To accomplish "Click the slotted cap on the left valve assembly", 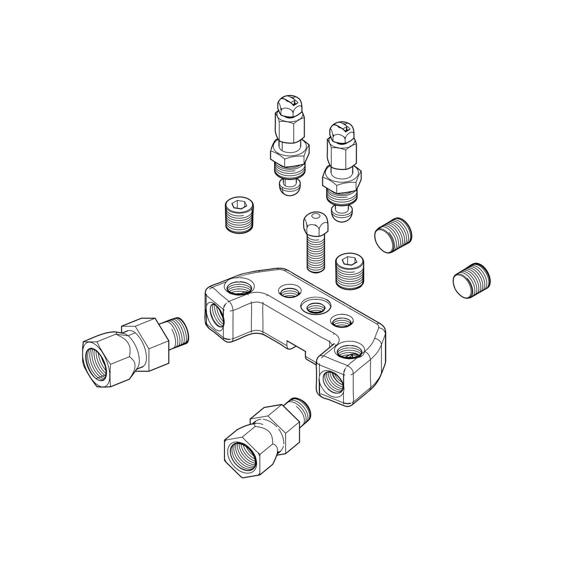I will tap(290, 102).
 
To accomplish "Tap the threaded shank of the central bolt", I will tap(316, 253).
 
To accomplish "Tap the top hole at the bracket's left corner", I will tap(237, 289).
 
